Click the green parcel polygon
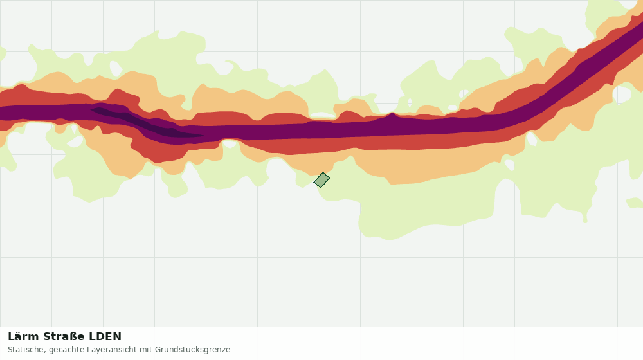tap(321, 180)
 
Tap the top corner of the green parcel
tap(323, 173)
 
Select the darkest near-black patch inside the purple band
tap(148, 123)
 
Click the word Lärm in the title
tap(24, 337)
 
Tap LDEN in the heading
tap(105, 337)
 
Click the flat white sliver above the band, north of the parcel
tap(322, 115)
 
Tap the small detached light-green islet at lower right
tap(635, 203)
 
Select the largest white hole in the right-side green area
tap(623, 94)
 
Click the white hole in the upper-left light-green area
tap(115, 68)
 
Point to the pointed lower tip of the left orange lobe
tap(131, 178)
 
